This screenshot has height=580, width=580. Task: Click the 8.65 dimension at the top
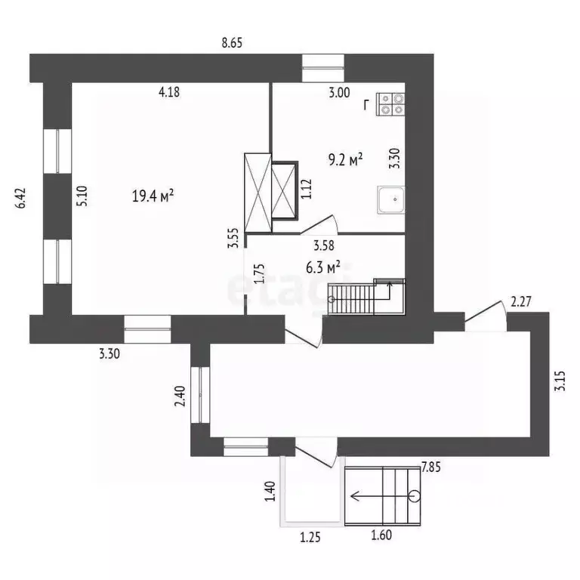[232, 43]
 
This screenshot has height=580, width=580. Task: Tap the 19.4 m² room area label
[153, 196]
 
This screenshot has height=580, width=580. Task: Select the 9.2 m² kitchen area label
[345, 160]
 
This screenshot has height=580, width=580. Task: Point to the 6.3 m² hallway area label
[323, 267]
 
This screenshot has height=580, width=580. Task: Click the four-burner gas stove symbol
[390, 104]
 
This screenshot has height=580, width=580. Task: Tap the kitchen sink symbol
[391, 199]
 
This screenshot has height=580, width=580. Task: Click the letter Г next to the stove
[366, 106]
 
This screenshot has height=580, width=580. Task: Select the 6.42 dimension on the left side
[20, 199]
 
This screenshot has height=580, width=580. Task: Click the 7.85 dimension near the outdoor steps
[431, 467]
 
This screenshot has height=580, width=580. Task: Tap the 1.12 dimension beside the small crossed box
[307, 190]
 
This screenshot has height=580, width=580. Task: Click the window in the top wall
[323, 68]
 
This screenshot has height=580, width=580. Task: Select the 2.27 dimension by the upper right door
[521, 302]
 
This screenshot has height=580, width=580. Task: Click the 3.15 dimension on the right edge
[560, 381]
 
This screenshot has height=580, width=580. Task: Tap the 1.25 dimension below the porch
[310, 537]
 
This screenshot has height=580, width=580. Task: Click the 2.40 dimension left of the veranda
[180, 396]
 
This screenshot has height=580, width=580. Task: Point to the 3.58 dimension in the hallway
[324, 245]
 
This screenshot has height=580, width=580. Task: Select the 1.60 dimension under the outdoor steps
[381, 535]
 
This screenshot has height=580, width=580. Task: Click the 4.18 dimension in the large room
[169, 92]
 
